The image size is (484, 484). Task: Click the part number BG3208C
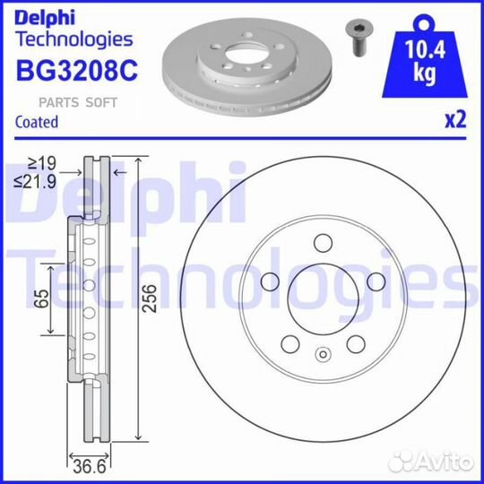[77, 71]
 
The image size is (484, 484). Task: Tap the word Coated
[37, 122]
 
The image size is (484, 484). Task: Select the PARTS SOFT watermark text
[78, 102]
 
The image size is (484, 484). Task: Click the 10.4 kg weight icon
[425, 56]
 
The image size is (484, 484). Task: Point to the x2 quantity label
[455, 120]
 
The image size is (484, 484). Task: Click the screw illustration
[359, 39]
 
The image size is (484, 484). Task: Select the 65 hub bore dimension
[41, 298]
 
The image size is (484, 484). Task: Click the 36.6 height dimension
[90, 466]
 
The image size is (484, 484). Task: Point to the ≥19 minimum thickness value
[42, 163]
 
